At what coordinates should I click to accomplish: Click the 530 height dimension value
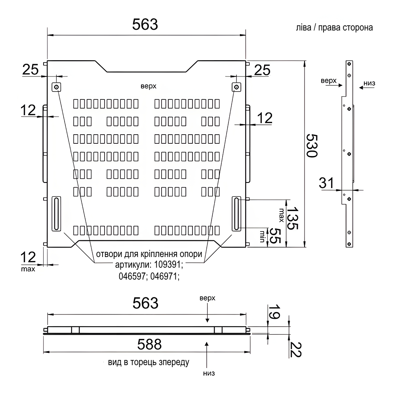point(312,146)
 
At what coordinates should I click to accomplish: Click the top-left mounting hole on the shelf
point(57,87)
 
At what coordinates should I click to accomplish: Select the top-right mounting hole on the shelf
point(236,87)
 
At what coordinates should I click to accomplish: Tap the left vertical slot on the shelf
point(57,214)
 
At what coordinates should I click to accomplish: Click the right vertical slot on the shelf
point(236,214)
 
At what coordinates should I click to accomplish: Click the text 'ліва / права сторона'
point(334,29)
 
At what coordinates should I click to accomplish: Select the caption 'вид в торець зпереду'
point(148,362)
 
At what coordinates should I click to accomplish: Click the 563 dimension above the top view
point(145,25)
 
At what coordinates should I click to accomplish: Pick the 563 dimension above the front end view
point(145,303)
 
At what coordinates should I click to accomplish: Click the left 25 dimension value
point(30,70)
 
